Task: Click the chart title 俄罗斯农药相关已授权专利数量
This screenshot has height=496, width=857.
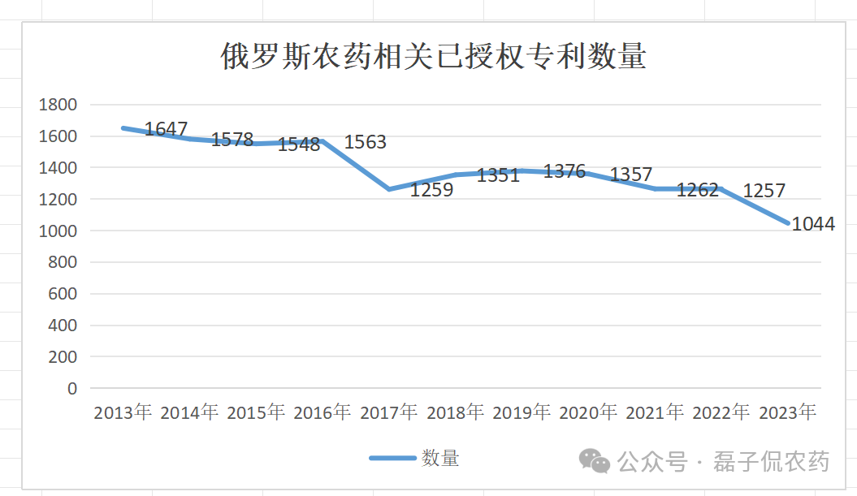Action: coord(433,57)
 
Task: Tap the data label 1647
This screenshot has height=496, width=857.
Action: coord(166,129)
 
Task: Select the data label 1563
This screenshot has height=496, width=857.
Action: coord(366,142)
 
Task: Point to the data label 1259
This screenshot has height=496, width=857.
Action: coord(431,190)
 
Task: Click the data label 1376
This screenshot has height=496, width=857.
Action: coord(565,171)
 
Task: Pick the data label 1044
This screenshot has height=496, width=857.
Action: coord(813,224)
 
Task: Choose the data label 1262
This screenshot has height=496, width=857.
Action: coord(698,190)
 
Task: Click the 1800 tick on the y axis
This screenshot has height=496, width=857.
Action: coord(59,105)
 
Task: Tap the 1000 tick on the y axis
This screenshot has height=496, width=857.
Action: coord(59,231)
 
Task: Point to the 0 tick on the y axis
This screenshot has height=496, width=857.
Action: coord(72,388)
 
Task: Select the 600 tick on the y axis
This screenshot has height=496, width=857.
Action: coord(63,294)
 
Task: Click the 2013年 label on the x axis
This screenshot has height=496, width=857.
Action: coord(123,412)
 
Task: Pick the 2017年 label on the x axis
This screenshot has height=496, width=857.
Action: coord(389,412)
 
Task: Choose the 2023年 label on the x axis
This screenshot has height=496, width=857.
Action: coord(788,412)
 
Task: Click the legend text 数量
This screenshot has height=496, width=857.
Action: coord(440,459)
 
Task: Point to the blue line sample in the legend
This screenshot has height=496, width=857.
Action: coord(392,459)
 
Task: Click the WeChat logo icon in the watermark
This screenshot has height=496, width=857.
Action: coord(595,461)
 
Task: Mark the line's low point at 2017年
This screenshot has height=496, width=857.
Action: coord(389,189)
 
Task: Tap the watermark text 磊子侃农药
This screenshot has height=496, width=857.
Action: coord(772,462)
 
